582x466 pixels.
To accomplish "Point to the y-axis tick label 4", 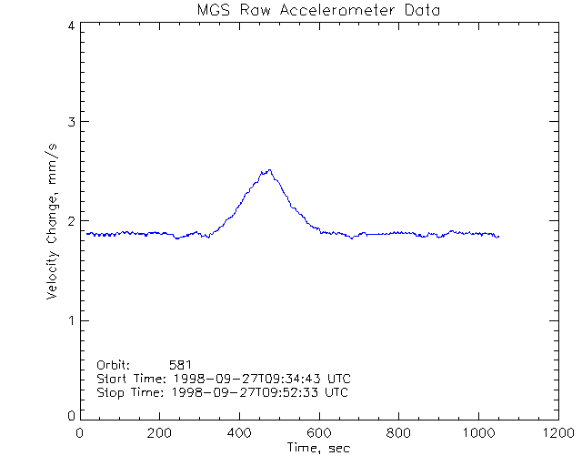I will point(71,25).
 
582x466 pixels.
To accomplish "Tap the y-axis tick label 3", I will point(71,123).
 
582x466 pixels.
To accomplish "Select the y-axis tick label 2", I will point(71,221).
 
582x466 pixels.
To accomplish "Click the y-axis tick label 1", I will point(71,319).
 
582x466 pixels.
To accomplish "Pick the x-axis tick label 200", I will point(159,434).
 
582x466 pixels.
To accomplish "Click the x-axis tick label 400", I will point(239,434).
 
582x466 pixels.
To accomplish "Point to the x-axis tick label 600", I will point(318,434).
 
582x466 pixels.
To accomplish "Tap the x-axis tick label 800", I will point(398,434).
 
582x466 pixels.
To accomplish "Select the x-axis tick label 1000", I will point(477,434).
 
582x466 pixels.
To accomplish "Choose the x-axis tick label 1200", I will point(557,434).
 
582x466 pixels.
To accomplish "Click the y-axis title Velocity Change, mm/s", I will point(54,221).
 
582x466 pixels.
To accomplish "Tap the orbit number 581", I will point(180,364).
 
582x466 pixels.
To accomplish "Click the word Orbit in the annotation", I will point(114,364).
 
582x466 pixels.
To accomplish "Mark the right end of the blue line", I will point(499,237).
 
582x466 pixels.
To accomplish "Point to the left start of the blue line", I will point(86,233).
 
